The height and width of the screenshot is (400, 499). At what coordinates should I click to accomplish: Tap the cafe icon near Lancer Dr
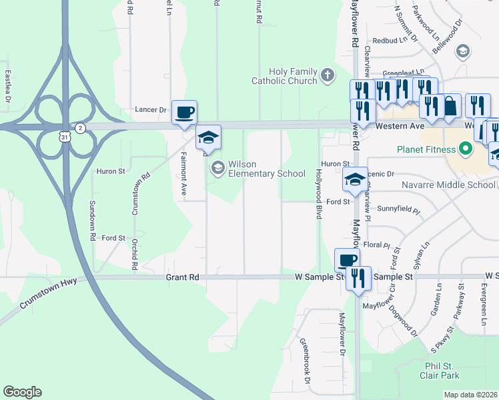[184, 112]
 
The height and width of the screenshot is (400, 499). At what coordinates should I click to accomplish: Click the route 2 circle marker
[79, 128]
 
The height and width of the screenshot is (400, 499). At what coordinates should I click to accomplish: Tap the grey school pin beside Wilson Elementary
[217, 167]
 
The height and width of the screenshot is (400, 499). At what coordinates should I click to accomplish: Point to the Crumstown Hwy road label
[48, 294]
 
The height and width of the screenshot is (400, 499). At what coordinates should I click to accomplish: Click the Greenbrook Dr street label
[305, 361]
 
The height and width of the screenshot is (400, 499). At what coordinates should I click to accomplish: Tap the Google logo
[22, 392]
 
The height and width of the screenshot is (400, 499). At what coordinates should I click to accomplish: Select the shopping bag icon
[451, 106]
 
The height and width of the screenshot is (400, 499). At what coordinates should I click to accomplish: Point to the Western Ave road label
[400, 125]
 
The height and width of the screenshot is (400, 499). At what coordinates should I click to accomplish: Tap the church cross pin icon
[327, 75]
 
